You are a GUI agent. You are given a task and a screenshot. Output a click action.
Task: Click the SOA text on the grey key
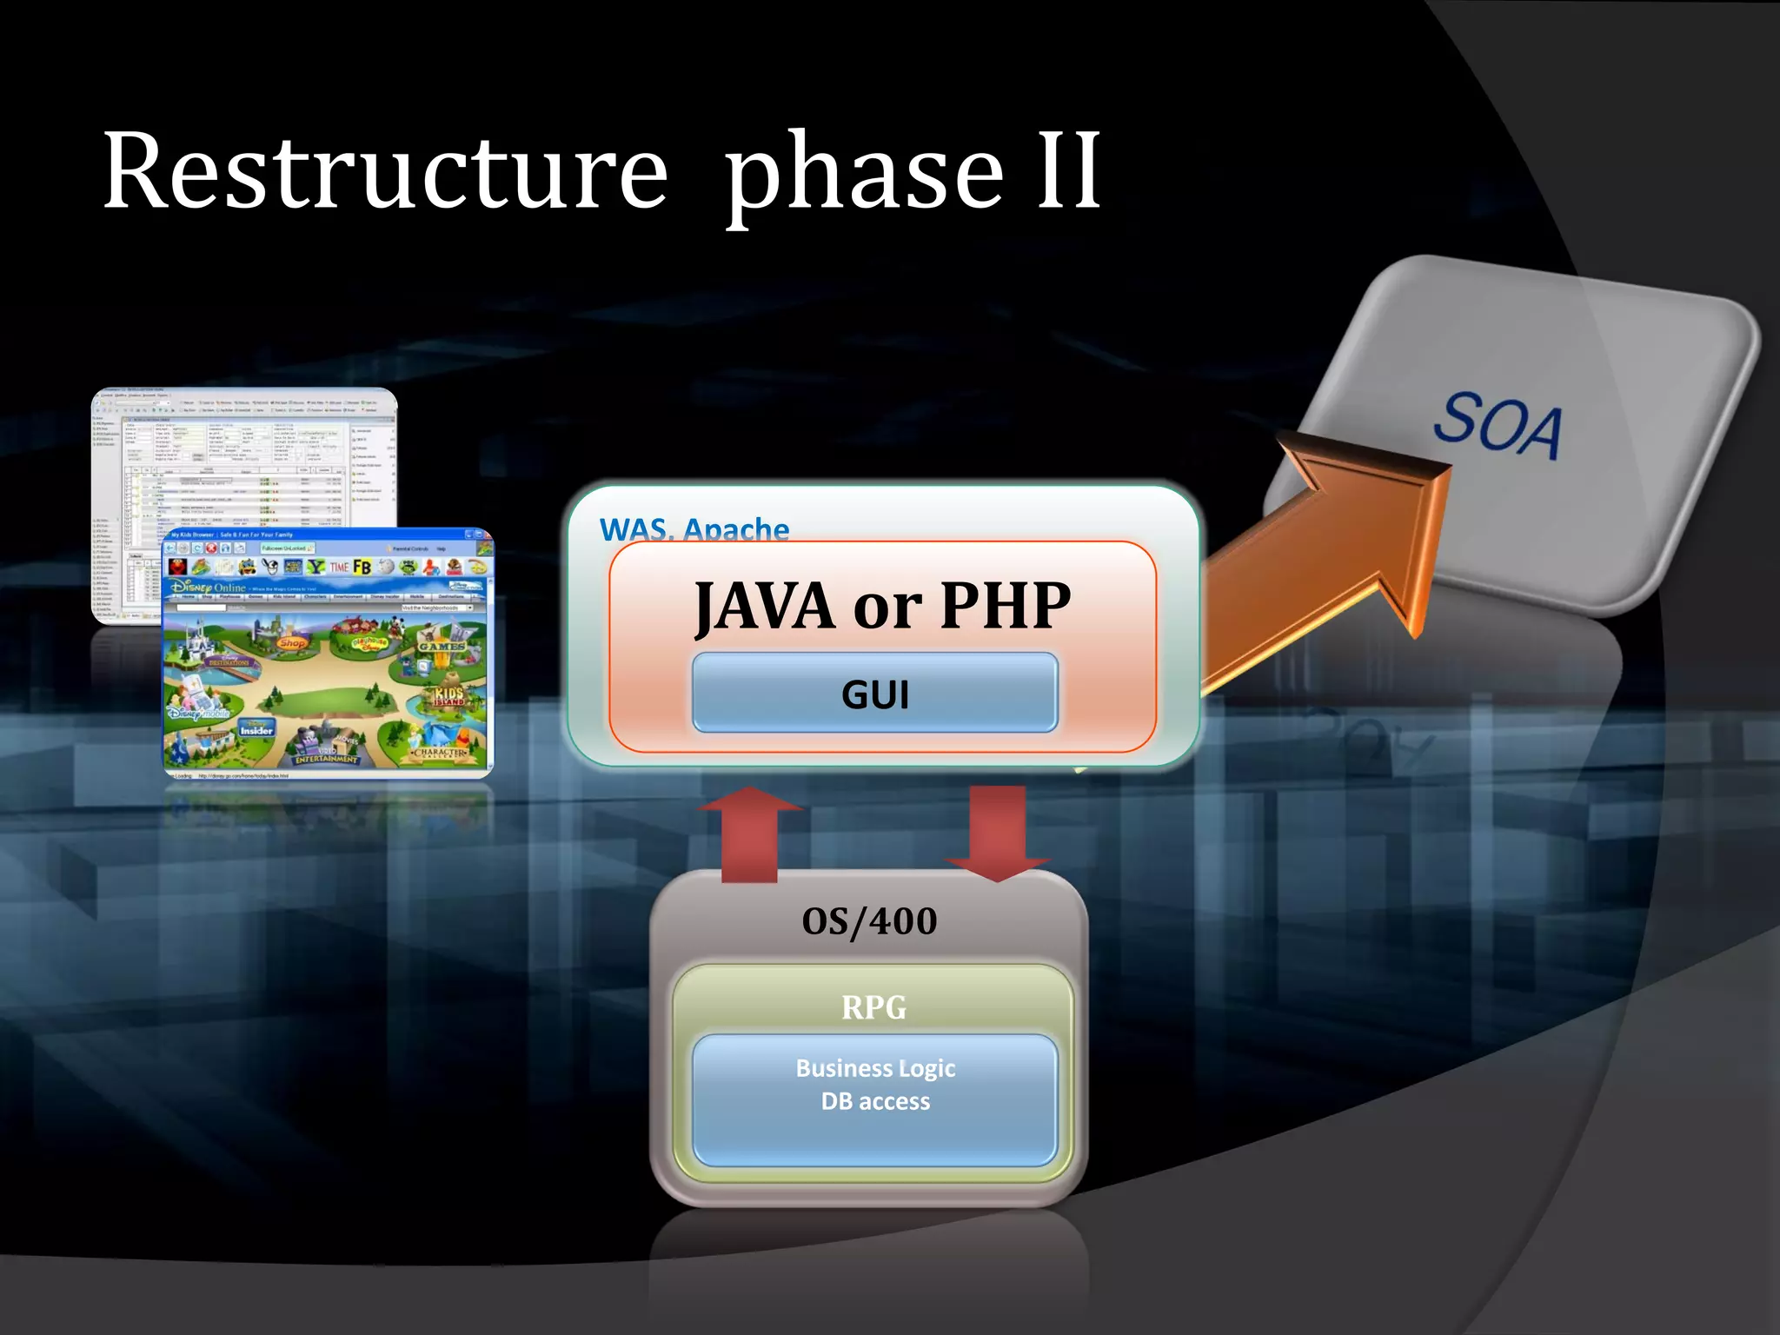click(1497, 425)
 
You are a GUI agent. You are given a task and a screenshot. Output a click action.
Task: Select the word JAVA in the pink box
click(765, 606)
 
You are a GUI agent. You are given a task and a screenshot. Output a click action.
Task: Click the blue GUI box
click(875, 694)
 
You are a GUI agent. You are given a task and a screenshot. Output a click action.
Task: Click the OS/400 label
click(869, 921)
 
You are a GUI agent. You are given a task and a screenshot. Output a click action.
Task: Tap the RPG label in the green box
click(873, 1007)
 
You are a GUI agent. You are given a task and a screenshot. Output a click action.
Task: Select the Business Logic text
click(875, 1068)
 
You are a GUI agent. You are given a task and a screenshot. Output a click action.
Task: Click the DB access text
click(875, 1102)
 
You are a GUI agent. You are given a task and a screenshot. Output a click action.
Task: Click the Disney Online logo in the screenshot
click(209, 588)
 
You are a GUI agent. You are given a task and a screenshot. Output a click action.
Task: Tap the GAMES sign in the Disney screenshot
click(442, 646)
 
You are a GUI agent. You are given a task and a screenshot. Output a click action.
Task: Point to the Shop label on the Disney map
click(293, 643)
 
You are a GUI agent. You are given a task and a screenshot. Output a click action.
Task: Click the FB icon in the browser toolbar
click(362, 567)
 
